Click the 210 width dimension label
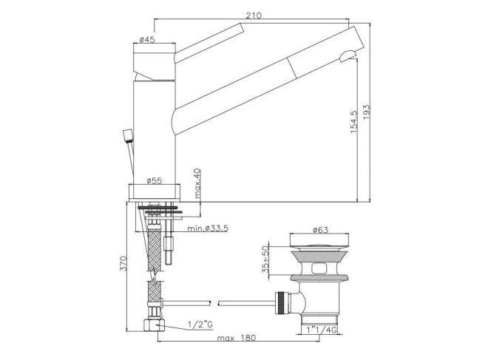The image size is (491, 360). click(253, 16)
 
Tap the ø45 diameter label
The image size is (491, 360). click(147, 40)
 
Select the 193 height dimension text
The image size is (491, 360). click(366, 112)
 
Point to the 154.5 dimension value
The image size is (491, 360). click(353, 122)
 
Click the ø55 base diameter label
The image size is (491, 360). click(155, 180)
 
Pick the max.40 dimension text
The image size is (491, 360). click(197, 183)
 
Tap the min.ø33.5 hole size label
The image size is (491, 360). click(208, 228)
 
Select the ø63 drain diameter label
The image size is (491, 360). click(320, 230)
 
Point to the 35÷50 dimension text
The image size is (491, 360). click(265, 259)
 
